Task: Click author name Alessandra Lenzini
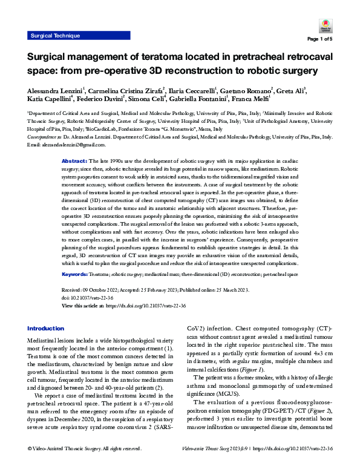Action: point(53,91)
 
